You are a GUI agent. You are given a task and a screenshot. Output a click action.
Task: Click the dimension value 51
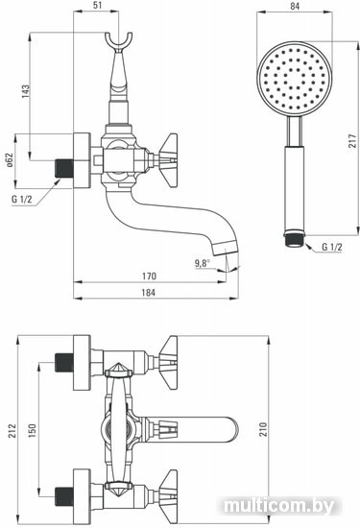pyautogui.click(x=96, y=5)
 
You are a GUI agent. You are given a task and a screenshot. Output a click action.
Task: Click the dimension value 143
pyautogui.click(x=26, y=91)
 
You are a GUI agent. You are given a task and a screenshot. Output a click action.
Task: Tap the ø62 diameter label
pyautogui.click(x=10, y=160)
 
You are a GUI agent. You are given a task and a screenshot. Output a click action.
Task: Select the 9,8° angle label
pyautogui.click(x=202, y=263)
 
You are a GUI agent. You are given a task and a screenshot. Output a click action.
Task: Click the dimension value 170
pyautogui.click(x=149, y=276)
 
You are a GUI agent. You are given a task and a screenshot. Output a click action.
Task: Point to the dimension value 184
pyautogui.click(x=149, y=292)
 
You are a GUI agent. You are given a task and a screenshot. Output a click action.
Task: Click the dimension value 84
pyautogui.click(x=295, y=6)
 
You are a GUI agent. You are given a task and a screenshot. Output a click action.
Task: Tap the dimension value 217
pyautogui.click(x=352, y=141)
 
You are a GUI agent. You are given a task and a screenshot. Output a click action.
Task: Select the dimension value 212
pyautogui.click(x=12, y=430)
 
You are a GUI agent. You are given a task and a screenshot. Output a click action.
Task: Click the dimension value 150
pyautogui.click(x=32, y=430)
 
